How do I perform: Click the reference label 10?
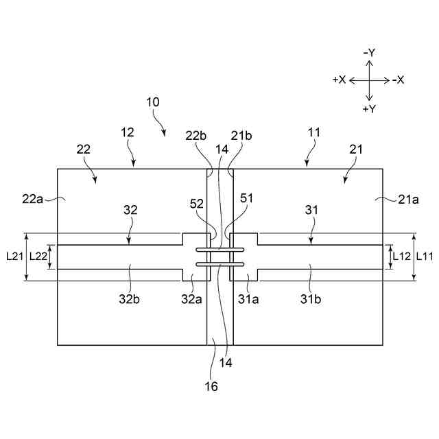click(x=152, y=102)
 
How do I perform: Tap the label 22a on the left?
click(x=32, y=198)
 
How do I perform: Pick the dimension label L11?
click(x=426, y=256)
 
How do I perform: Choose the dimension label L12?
click(x=401, y=256)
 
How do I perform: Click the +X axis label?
click(x=339, y=80)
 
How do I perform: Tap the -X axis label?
click(x=399, y=80)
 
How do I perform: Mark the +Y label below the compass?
click(x=369, y=109)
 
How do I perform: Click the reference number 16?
click(x=211, y=387)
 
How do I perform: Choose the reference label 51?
click(x=246, y=199)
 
